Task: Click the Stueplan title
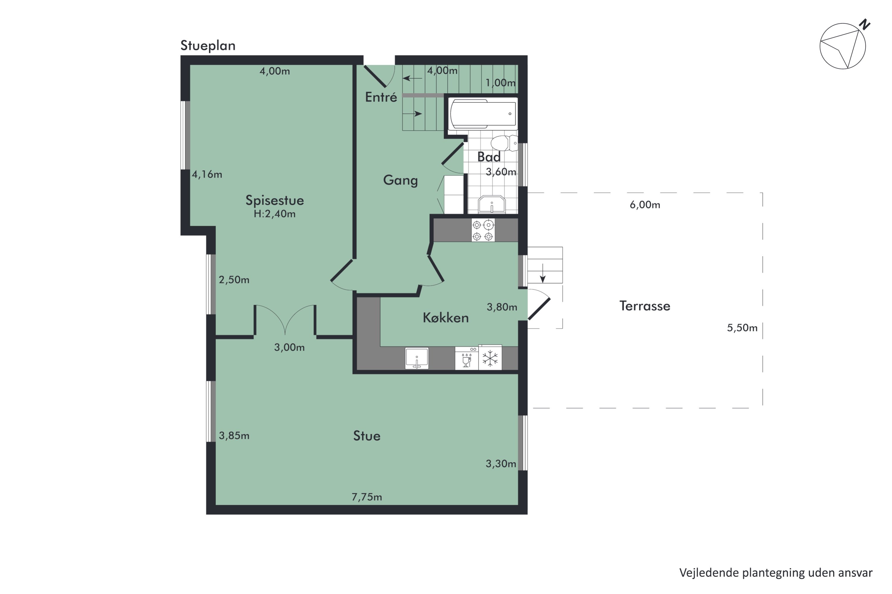(x=208, y=46)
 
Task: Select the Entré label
(x=381, y=97)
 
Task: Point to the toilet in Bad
(x=504, y=143)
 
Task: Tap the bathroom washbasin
(x=492, y=205)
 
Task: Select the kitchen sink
(x=417, y=358)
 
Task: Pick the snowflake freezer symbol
(x=490, y=358)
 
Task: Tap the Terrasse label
(x=645, y=306)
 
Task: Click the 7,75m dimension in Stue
(x=367, y=497)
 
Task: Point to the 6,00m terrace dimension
(x=645, y=205)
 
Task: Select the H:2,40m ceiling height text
(x=274, y=214)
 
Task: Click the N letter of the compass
(x=865, y=24)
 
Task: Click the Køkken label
(x=446, y=317)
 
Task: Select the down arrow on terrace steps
(x=543, y=273)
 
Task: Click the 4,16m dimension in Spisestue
(x=207, y=175)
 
